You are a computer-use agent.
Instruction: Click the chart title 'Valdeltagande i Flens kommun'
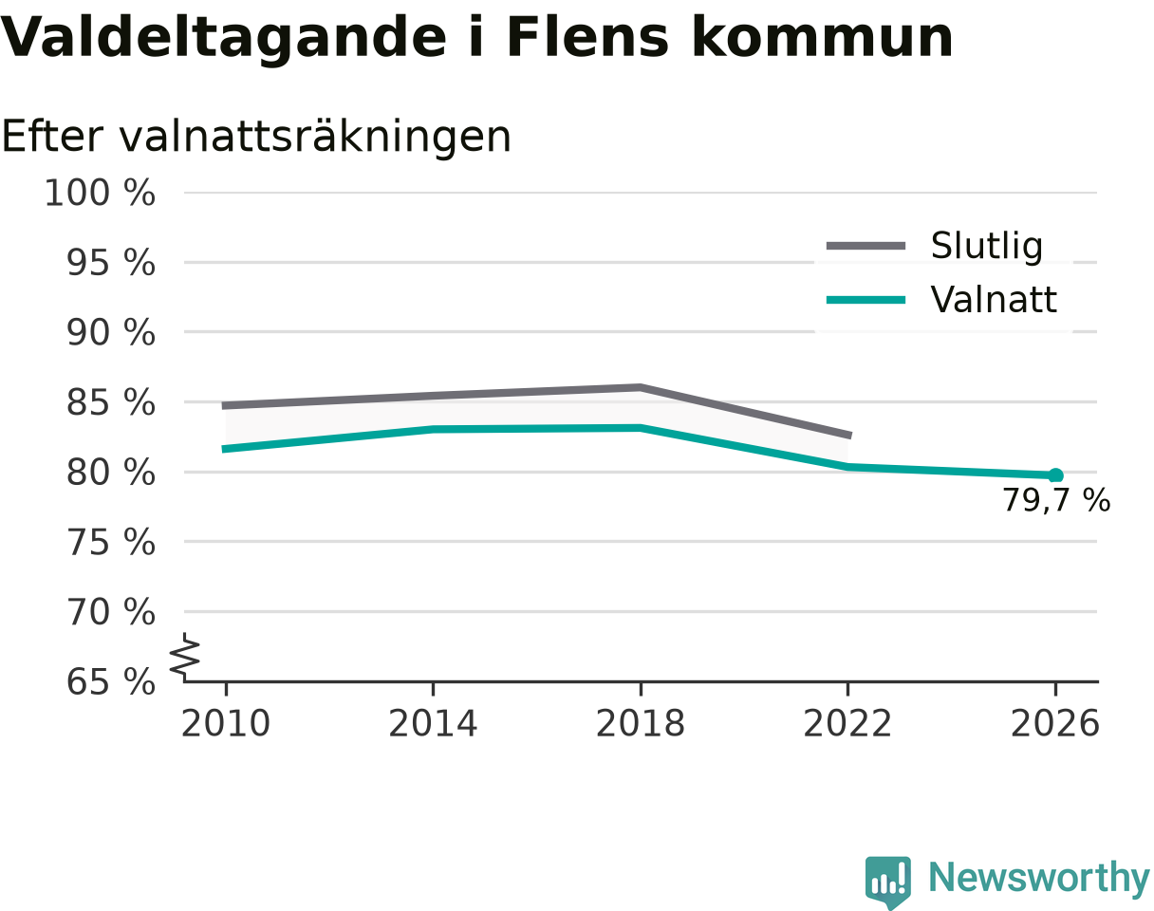click(476, 39)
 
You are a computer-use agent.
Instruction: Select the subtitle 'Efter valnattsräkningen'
click(256, 138)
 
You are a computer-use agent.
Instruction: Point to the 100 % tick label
click(100, 193)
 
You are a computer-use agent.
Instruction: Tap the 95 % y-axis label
click(110, 263)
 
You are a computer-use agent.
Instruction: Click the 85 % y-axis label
click(110, 402)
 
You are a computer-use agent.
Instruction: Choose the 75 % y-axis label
click(110, 543)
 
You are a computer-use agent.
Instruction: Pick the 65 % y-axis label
click(110, 682)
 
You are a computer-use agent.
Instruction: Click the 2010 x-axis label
click(226, 724)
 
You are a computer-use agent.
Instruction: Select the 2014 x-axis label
click(433, 724)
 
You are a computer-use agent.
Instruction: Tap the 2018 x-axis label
click(641, 724)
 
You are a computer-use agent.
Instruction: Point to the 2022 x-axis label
click(847, 724)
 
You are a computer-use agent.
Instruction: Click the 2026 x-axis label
click(1054, 724)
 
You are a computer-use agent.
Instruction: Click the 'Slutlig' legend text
click(987, 247)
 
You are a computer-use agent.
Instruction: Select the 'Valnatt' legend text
click(994, 300)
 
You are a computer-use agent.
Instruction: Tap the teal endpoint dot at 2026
click(1055, 475)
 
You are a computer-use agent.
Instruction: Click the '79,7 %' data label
click(1056, 501)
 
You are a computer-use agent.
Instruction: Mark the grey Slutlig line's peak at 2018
click(641, 388)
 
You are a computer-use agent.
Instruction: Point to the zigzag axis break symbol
click(185, 654)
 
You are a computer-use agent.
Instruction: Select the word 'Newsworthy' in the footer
click(1039, 879)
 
